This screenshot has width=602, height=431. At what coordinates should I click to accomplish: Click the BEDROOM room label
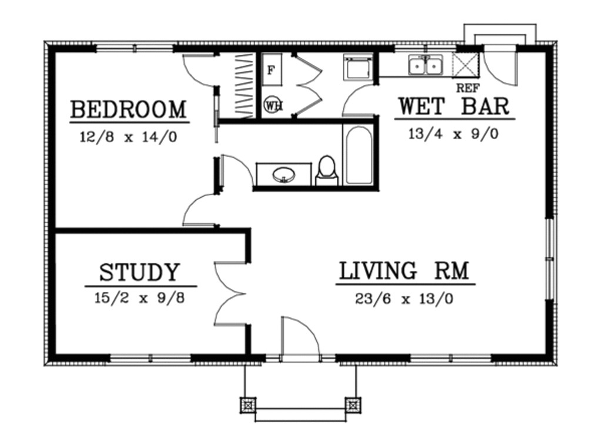[128, 110]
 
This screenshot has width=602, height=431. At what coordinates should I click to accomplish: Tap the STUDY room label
[139, 273]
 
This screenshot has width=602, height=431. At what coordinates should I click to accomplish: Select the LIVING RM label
[404, 271]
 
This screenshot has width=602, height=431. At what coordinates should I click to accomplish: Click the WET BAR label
[453, 107]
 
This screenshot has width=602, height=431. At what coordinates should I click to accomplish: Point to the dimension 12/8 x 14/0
[128, 137]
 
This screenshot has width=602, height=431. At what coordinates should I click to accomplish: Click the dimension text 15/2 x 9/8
[139, 298]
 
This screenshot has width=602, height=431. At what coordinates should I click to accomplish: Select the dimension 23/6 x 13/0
[404, 299]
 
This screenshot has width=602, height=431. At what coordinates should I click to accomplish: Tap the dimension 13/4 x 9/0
[453, 134]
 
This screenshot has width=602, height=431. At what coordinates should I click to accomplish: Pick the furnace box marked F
[271, 70]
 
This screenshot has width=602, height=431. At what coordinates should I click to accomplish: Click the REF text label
[468, 88]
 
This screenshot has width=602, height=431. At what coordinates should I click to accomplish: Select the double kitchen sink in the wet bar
[426, 66]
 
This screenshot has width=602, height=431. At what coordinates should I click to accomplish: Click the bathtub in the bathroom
[358, 155]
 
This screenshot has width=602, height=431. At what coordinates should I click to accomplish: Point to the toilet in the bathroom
[326, 170]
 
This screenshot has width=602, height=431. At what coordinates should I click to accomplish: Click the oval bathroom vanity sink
[284, 175]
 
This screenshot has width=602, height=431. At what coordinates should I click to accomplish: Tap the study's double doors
[230, 293]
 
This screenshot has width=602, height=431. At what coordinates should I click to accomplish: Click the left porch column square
[248, 405]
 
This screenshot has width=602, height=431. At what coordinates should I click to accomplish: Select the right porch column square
[353, 405]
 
